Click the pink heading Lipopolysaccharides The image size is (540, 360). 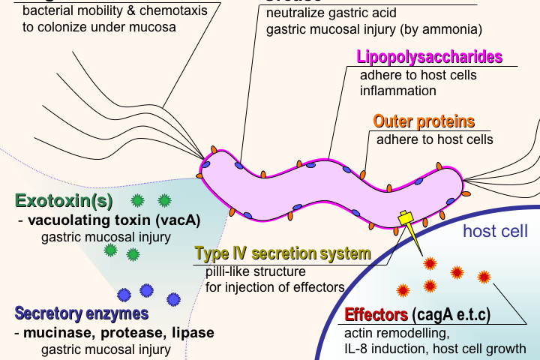[429, 58]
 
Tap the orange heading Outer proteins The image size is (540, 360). [424, 121]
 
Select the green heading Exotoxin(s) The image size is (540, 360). [64, 201]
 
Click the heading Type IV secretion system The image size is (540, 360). [283, 253]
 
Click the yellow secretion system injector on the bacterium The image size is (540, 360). [406, 218]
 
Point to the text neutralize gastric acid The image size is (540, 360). [331, 13]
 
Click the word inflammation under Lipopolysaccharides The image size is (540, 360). [398, 91]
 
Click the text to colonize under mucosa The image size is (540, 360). [99, 28]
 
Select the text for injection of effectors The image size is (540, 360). [274, 286]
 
